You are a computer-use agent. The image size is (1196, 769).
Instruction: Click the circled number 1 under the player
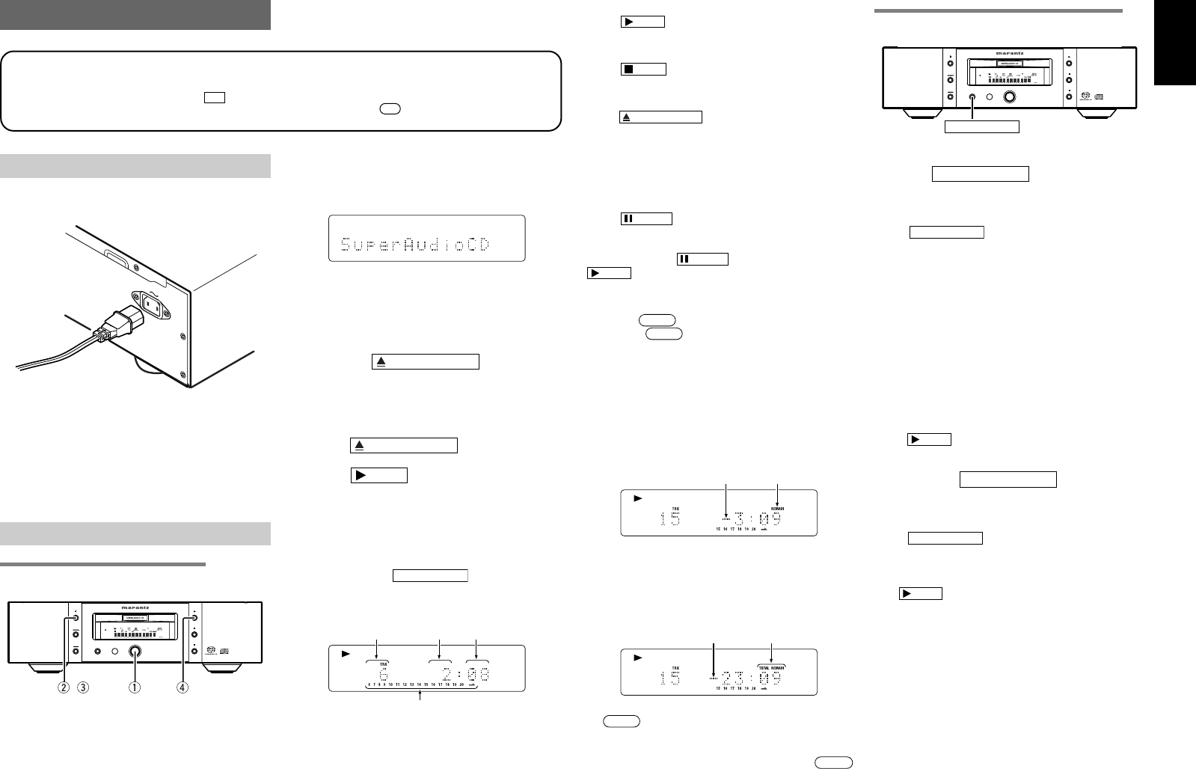pos(136,687)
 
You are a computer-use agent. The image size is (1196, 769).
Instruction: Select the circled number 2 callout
pos(65,687)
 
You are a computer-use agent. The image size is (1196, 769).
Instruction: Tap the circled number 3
pos(84,687)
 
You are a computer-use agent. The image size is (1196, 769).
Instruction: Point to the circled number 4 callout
pos(194,687)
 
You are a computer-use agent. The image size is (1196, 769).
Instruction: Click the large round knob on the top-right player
pos(1011,97)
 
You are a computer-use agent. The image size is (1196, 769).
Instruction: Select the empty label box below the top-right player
pos(981,126)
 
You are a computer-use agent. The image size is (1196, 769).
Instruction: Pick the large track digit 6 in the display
pos(382,675)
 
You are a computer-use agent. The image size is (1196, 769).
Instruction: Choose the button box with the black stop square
pos(643,70)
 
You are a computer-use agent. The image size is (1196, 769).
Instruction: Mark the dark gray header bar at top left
pos(135,14)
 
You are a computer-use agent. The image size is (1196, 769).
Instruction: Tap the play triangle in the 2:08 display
pos(345,654)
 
